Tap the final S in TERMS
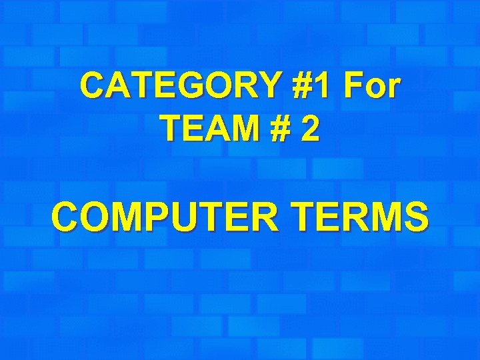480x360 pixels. [x=415, y=217]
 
